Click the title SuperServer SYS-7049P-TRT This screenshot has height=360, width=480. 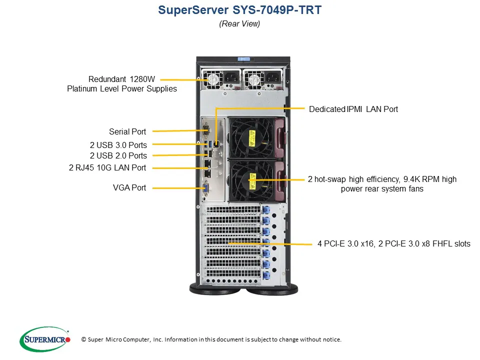[239, 10]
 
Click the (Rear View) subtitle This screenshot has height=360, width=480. [239, 24]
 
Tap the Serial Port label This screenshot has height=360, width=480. [127, 132]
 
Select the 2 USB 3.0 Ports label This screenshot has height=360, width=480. [118, 145]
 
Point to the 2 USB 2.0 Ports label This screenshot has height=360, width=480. [118, 155]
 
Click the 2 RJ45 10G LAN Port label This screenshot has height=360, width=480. [107, 168]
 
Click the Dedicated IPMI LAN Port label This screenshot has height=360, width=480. [353, 109]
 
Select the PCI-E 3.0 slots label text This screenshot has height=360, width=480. [393, 244]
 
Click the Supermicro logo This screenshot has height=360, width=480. [45, 339]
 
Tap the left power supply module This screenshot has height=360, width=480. [220, 80]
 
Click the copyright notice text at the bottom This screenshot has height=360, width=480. [211, 339]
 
